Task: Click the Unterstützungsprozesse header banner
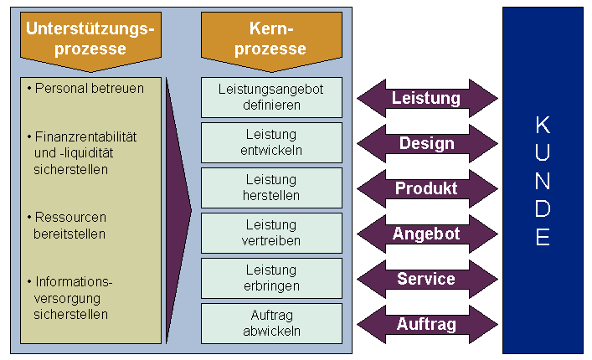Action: [x=90, y=39]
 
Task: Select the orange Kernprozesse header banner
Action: [x=271, y=39]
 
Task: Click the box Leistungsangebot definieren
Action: [x=271, y=97]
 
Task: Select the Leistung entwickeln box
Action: [x=271, y=142]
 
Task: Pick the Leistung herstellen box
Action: [x=271, y=188]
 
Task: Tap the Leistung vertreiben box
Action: [x=271, y=233]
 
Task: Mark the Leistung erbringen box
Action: [x=271, y=278]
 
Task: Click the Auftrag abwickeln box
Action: [x=271, y=323]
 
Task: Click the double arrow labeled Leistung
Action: [x=426, y=98]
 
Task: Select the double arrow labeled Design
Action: [x=426, y=143]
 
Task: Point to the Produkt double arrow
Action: [x=426, y=188]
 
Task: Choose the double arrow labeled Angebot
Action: [x=426, y=234]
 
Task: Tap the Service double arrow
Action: [x=426, y=279]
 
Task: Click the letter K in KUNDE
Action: [x=543, y=126]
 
